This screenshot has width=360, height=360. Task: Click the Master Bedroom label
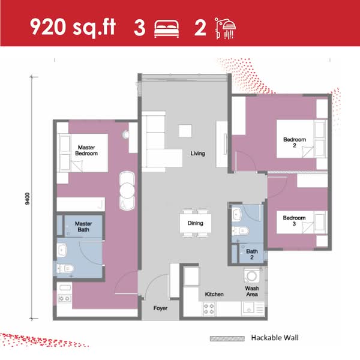point(86,150)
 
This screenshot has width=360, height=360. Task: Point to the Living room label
point(197,154)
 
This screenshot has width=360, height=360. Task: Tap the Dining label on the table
point(195,223)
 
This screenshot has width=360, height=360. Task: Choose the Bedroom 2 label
point(295,143)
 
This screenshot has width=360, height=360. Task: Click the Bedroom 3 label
point(295,221)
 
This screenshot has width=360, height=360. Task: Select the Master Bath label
point(83,227)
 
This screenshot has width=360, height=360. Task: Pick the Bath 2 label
point(251,253)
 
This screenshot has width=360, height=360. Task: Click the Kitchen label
point(214,295)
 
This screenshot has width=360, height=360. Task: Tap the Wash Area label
point(251,292)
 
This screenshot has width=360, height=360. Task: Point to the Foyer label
point(160,308)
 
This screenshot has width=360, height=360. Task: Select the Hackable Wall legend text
point(274,338)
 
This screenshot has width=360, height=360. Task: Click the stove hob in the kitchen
point(210,309)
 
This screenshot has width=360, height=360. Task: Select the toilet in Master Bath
point(65,268)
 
